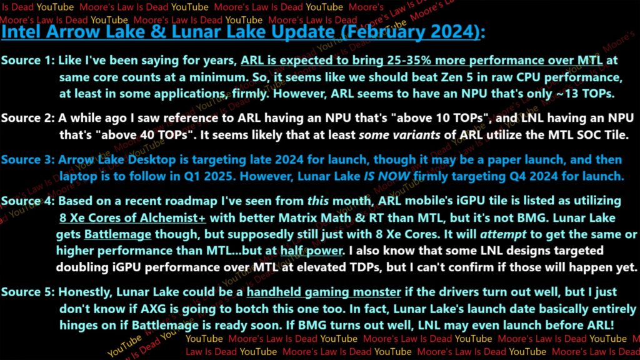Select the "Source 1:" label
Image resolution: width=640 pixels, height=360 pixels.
pos(27,61)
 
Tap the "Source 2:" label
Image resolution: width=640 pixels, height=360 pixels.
pos(27,118)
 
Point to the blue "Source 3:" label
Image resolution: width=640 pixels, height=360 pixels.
pos(27,159)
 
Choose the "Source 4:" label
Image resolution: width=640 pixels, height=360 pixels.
pos(27,201)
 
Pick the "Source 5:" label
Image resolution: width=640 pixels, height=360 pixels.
pos(27,292)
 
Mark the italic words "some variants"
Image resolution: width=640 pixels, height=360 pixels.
pos(399,135)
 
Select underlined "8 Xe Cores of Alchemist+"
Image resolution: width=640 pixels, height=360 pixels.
pos(132,218)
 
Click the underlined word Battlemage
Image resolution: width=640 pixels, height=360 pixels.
pos(117,235)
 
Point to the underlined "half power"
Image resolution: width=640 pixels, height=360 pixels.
pos(311,251)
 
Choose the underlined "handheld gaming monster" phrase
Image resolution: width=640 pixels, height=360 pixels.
pos(324,292)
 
